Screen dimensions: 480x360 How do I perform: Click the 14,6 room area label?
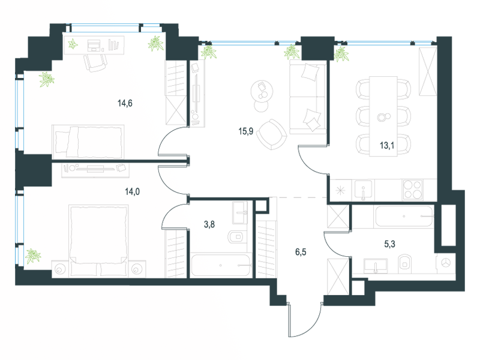(x=125, y=103)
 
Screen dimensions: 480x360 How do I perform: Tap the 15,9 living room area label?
(x=246, y=131)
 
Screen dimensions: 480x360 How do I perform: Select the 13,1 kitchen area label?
(x=387, y=145)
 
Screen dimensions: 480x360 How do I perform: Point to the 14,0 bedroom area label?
(x=132, y=191)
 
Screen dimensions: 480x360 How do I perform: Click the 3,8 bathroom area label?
(x=209, y=224)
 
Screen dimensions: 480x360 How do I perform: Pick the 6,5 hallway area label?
(x=301, y=252)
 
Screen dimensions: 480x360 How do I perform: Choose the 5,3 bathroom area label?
(x=389, y=244)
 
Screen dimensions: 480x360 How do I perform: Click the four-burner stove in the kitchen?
(x=412, y=190)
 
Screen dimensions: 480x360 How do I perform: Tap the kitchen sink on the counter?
(x=364, y=190)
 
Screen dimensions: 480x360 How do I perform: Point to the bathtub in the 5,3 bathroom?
(x=404, y=217)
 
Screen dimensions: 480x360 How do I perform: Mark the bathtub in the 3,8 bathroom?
(x=221, y=265)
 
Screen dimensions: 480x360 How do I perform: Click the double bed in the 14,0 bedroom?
(x=98, y=241)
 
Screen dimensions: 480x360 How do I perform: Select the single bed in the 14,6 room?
(x=88, y=142)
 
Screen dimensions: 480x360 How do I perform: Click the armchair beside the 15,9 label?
(x=272, y=134)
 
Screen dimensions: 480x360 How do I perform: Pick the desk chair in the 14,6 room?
(x=95, y=63)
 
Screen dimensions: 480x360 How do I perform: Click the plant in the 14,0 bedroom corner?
(x=33, y=256)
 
